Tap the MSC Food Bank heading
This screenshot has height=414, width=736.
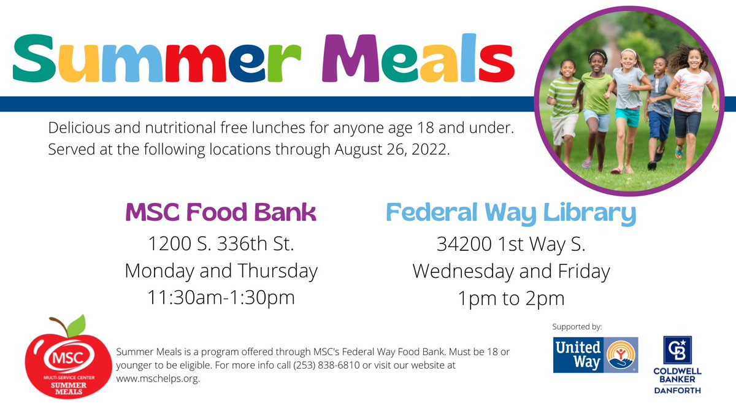(220, 213)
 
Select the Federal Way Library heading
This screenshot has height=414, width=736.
(511, 213)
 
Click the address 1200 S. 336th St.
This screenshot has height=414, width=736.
(221, 244)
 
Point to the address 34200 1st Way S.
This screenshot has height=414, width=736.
(511, 244)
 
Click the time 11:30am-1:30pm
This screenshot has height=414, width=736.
(221, 297)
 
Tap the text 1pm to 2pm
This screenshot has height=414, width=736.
(511, 298)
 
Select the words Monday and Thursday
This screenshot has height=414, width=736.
(221, 270)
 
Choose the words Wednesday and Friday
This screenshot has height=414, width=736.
(511, 270)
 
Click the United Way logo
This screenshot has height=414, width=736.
(596, 355)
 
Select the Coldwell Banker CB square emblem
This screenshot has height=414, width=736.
(677, 350)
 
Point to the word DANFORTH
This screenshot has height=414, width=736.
(677, 390)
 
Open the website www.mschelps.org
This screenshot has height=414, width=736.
(158, 378)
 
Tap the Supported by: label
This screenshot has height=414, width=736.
(577, 326)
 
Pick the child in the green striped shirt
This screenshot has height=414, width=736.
(563, 104)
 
